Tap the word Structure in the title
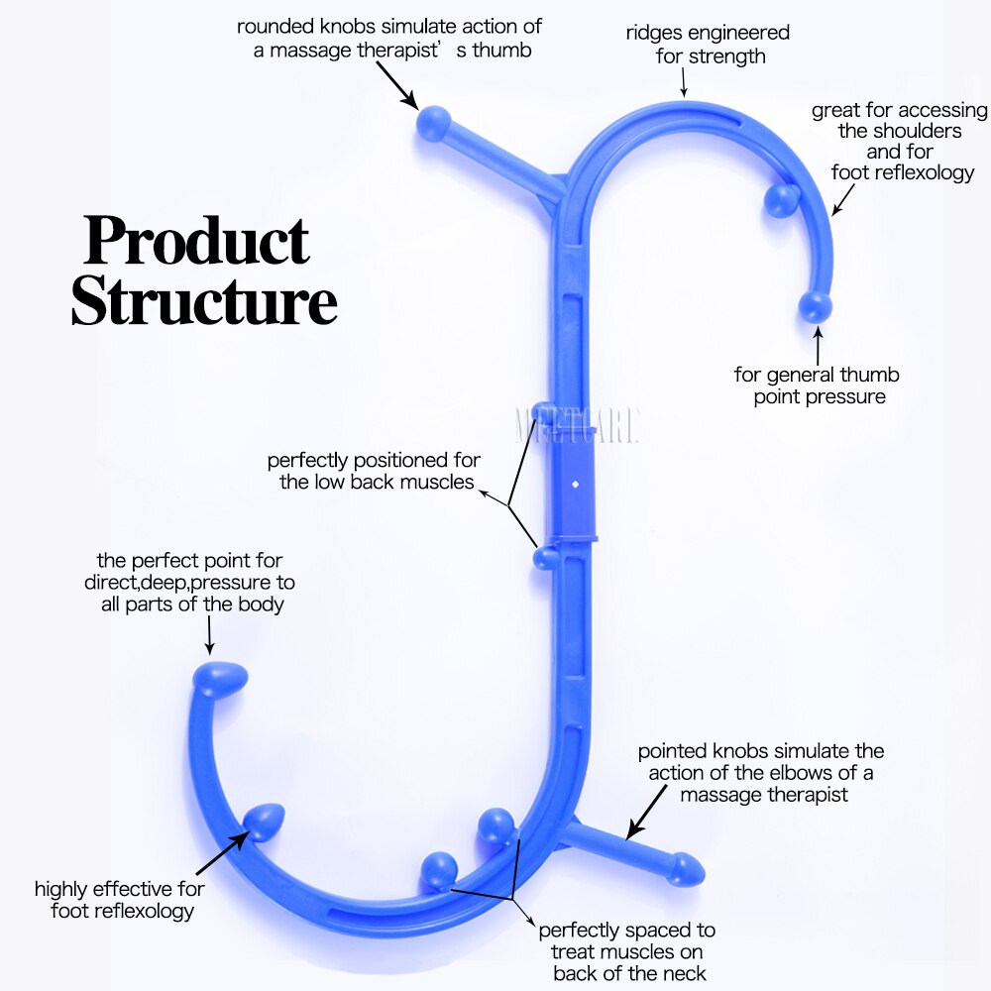click(x=204, y=302)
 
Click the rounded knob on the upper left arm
click(x=433, y=124)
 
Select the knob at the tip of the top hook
click(x=816, y=306)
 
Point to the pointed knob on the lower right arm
click(x=686, y=869)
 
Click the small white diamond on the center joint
click(x=575, y=486)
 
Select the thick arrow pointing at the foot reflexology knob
click(x=222, y=852)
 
